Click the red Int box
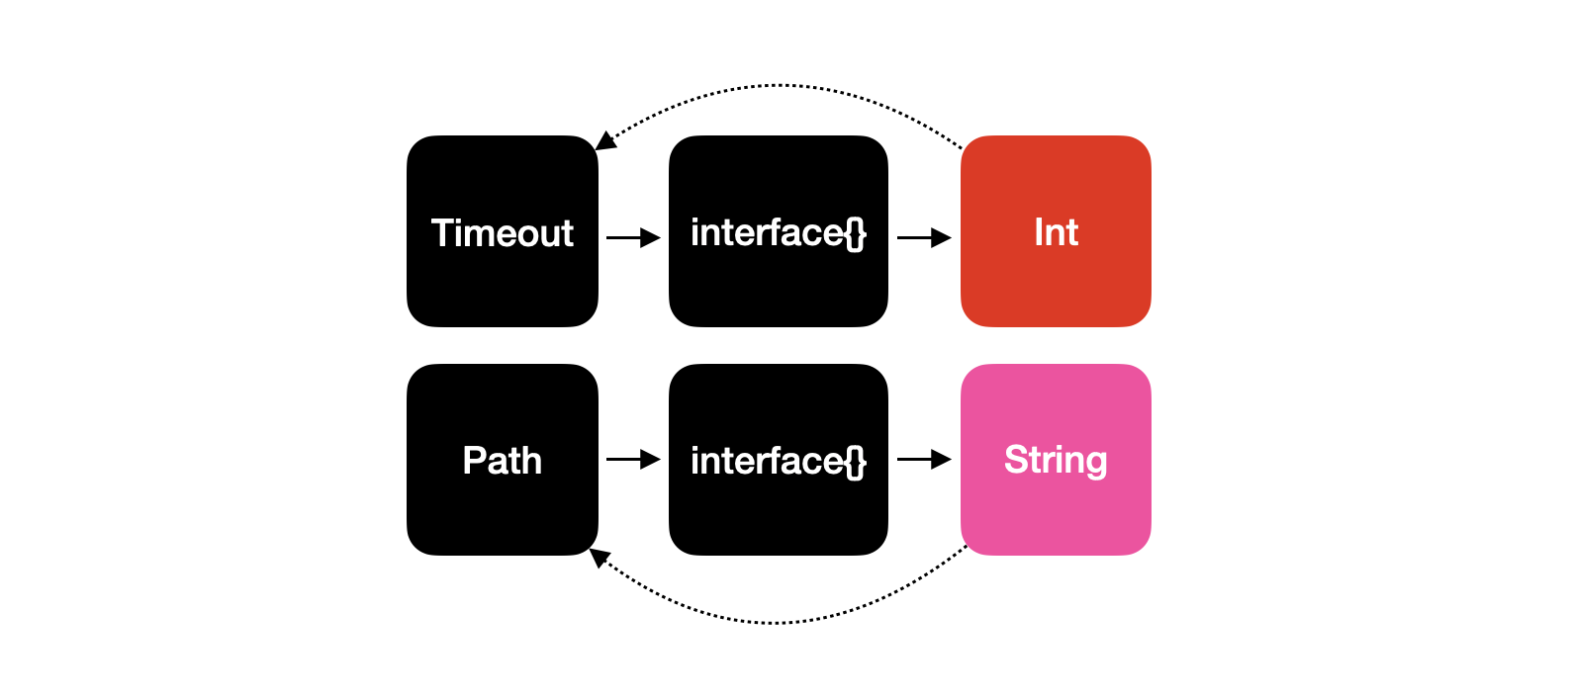1056,231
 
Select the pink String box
1056,459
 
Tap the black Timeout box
503,231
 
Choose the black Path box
503,459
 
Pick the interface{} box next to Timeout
779,231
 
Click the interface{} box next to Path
779,459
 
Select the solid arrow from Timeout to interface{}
633,238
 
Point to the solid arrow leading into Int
924,238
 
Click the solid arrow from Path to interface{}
633,459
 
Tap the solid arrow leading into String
924,459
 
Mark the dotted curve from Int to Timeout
778,85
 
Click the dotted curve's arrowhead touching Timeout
604,141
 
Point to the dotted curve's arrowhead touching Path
600,558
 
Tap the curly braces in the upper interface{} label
856,233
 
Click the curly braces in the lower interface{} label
856,462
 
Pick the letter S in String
1016,459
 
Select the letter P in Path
475,461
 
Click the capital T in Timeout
444,232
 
